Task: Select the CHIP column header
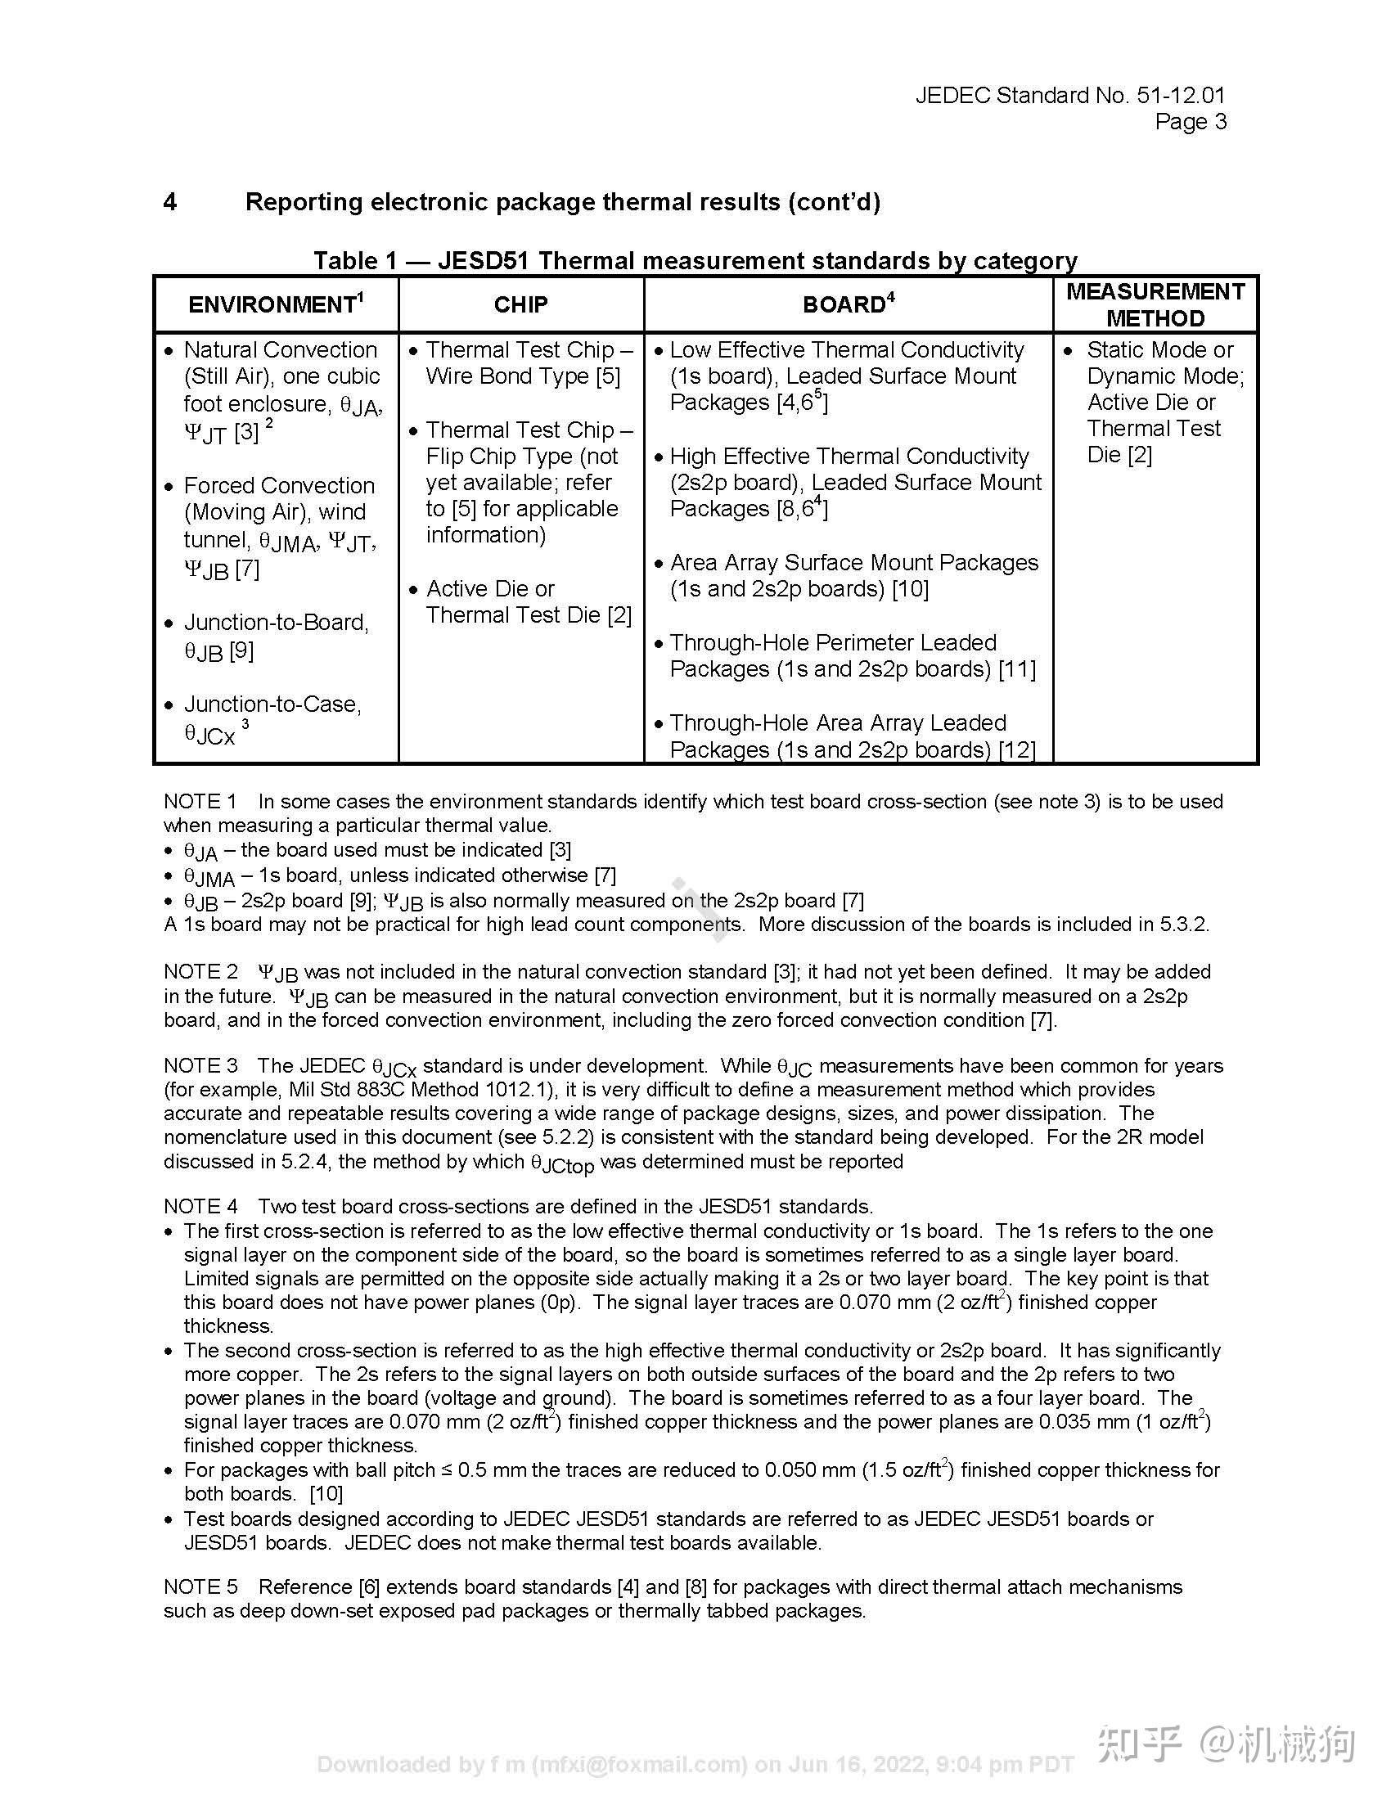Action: click(520, 304)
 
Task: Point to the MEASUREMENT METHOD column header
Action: click(1155, 304)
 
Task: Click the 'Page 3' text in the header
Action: click(1190, 122)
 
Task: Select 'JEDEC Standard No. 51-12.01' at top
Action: click(1069, 96)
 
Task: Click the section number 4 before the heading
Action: click(169, 202)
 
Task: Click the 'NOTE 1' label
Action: click(200, 801)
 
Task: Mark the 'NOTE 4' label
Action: click(200, 1206)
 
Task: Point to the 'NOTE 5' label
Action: click(200, 1586)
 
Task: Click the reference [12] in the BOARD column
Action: click(1017, 749)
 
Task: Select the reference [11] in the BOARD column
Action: click(1017, 668)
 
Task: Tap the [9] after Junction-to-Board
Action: click(241, 651)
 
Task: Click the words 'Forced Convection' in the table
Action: click(278, 485)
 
